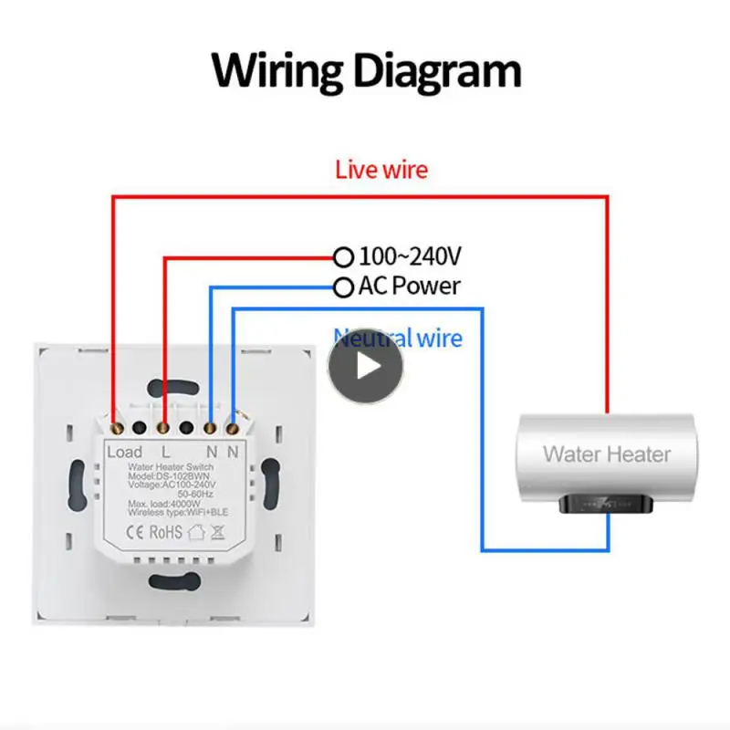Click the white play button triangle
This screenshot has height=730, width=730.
tap(367, 365)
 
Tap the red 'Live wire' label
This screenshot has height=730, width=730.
tap(381, 169)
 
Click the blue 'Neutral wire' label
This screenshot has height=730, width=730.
tap(398, 338)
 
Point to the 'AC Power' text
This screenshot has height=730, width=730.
tap(410, 287)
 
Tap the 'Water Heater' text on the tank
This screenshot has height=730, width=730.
tap(607, 454)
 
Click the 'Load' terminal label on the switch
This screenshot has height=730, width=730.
tap(125, 452)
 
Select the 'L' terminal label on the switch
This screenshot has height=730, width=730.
tap(165, 452)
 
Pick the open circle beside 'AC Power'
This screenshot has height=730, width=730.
tap(343, 288)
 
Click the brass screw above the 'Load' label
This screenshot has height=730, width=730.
tap(116, 426)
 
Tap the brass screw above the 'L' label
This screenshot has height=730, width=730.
tap(163, 426)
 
